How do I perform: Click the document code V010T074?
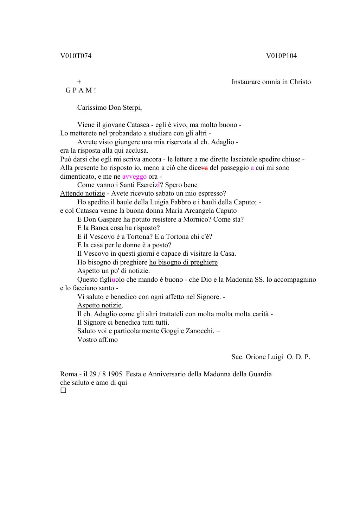(x=76, y=56)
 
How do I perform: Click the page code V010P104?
(x=281, y=56)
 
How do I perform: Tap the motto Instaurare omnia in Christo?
(x=271, y=82)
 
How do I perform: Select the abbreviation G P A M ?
(x=81, y=90)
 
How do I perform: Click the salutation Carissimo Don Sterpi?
(x=109, y=108)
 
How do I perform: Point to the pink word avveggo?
(x=134, y=177)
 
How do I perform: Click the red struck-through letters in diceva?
(x=204, y=168)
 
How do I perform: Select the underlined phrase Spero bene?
(x=181, y=185)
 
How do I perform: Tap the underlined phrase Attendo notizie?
(x=82, y=193)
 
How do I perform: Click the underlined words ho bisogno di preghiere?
(x=183, y=262)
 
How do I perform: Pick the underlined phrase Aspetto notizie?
(x=99, y=305)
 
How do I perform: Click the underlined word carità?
(x=261, y=314)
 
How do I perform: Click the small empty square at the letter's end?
(x=63, y=391)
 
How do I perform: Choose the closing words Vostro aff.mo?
(x=97, y=340)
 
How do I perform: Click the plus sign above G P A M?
(x=79, y=82)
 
